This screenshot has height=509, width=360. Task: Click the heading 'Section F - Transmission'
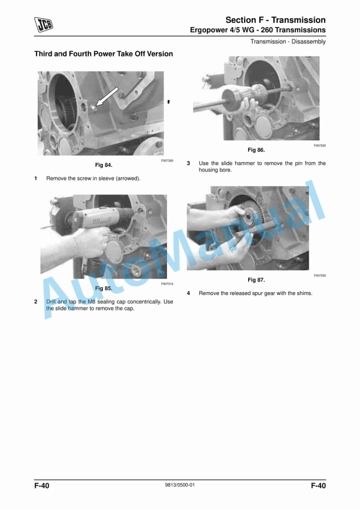coord(276,20)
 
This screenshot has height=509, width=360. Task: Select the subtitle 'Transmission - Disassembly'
coord(288,41)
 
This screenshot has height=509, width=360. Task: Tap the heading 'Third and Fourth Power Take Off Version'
coord(104,54)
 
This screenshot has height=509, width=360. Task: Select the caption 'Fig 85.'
coord(104,289)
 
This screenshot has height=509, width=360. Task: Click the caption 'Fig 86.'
coord(256,150)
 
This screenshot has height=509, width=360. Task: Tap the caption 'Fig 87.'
coord(256,280)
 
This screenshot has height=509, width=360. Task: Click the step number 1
coord(36,178)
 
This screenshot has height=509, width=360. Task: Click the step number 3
coord(188,163)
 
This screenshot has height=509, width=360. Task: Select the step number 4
coord(188,293)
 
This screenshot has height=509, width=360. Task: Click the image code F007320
coord(319,145)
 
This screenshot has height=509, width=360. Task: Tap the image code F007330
coord(319,275)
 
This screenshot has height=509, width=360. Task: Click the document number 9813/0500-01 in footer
coord(180,485)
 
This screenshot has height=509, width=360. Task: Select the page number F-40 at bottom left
coord(42,485)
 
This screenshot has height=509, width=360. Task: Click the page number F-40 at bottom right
coord(318,485)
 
